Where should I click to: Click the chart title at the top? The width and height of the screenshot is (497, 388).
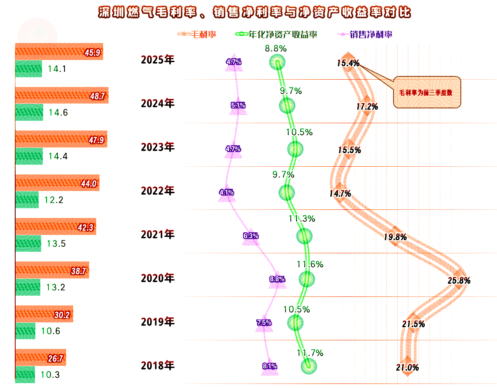[x=255, y=12]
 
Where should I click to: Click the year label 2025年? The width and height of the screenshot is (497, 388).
[x=158, y=60]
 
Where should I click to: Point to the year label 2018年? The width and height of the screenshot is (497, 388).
[x=158, y=365]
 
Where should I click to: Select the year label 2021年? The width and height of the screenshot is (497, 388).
[x=158, y=234]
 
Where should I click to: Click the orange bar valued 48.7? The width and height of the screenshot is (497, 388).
[x=62, y=95]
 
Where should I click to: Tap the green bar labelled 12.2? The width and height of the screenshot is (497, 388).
[x=27, y=200]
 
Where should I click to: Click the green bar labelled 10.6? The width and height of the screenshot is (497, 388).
[x=25, y=331]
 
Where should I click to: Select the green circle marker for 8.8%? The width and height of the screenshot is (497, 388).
[x=277, y=63]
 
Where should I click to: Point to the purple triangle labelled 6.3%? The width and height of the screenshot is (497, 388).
[x=251, y=237]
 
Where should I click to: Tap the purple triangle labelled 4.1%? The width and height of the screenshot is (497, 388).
[x=227, y=193]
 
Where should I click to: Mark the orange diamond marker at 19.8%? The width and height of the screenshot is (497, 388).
[x=395, y=236]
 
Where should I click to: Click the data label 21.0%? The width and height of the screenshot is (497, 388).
[x=407, y=368]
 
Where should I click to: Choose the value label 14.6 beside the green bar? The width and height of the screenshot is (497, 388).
[x=58, y=112]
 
